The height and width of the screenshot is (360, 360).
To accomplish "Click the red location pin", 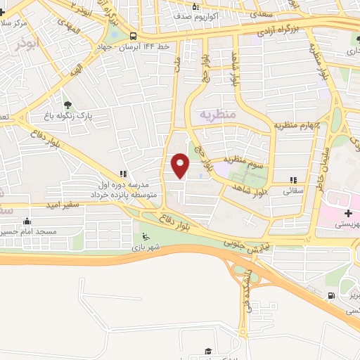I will (x=180, y=165).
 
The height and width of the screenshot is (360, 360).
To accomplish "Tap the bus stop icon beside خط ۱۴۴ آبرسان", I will (x=133, y=36).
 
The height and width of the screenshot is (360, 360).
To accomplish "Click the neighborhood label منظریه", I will (x=215, y=113).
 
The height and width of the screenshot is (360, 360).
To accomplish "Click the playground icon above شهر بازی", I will (x=145, y=236).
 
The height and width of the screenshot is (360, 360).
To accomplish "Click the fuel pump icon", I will (x=331, y=295).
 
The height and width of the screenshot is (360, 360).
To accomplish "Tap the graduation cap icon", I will (x=207, y=351).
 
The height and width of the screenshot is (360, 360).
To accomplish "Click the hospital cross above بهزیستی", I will (x=348, y=213).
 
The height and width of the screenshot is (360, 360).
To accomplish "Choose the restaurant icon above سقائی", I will (x=293, y=180).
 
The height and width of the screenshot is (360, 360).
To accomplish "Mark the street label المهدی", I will (x=68, y=27).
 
